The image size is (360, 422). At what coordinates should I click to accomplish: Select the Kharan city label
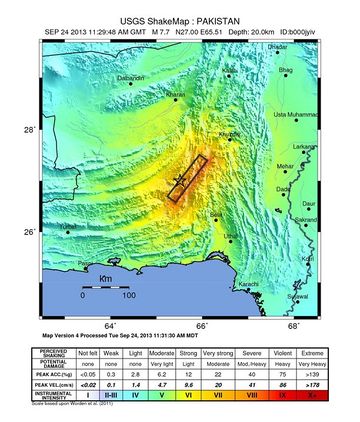tap(176, 95)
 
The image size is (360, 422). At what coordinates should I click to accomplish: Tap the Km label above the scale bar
tap(105, 277)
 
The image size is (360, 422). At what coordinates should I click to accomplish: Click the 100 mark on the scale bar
tap(129, 296)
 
